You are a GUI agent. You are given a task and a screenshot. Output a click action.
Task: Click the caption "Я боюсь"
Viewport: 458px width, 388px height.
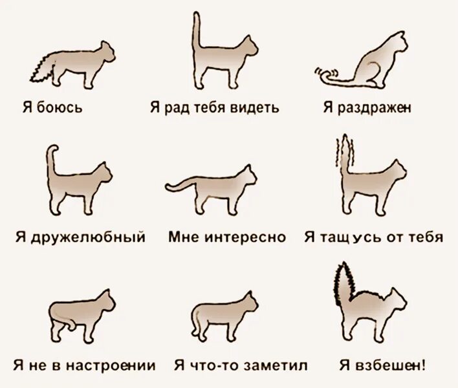click(50, 107)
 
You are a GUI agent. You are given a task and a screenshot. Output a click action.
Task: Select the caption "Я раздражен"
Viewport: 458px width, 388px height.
click(365, 107)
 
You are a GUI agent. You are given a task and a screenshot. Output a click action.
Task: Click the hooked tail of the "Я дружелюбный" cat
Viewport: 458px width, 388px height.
click(52, 158)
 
